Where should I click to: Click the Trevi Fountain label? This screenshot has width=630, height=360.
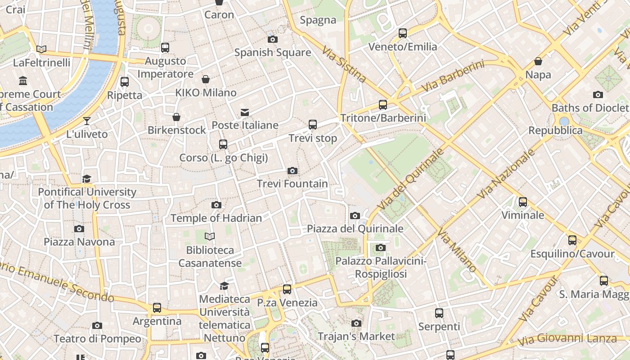point(292,184)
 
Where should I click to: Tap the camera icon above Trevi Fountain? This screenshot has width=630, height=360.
point(292,171)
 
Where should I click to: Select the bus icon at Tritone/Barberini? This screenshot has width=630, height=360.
point(383,105)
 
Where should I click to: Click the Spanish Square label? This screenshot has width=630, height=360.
point(272,52)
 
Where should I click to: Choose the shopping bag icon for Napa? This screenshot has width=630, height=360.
point(538,61)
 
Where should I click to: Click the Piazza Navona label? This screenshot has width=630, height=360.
point(79,242)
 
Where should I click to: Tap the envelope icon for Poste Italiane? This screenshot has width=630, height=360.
point(245,112)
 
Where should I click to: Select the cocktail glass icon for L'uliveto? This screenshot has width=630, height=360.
point(87,121)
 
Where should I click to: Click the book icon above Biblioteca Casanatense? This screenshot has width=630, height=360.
point(210,236)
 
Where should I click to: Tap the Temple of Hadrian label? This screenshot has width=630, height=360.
point(216,218)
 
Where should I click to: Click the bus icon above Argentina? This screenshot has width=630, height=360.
point(157,308)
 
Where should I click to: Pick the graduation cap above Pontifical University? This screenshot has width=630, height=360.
point(87,179)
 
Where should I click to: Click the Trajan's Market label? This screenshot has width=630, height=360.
point(356,336)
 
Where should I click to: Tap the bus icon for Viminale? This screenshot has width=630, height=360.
point(523,202)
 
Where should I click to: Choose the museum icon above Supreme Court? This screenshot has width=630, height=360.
point(23,81)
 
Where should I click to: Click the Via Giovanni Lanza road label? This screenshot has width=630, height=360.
point(567,340)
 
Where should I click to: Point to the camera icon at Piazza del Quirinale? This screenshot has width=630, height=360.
point(355,216)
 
